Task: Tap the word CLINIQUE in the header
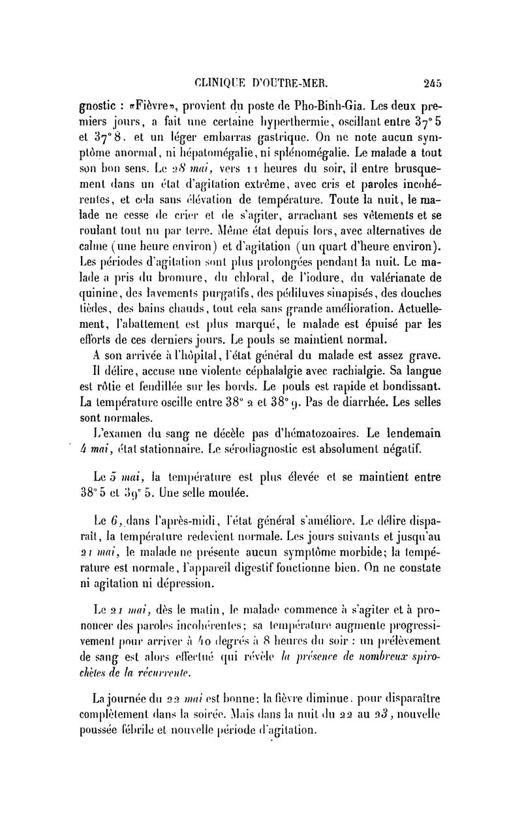[x=222, y=83]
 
